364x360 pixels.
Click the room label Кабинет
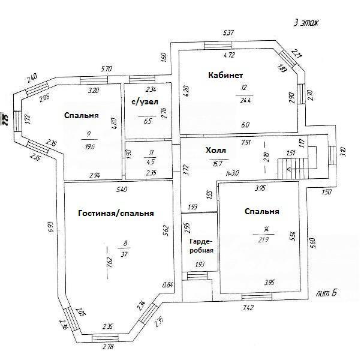[225, 75]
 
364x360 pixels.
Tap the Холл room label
[216, 150]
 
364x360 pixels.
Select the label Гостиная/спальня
[116, 213]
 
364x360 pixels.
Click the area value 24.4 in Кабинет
[244, 100]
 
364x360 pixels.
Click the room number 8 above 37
[125, 244]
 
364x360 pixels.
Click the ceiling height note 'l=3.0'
[233, 172]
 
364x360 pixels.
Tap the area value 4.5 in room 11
[151, 161]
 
